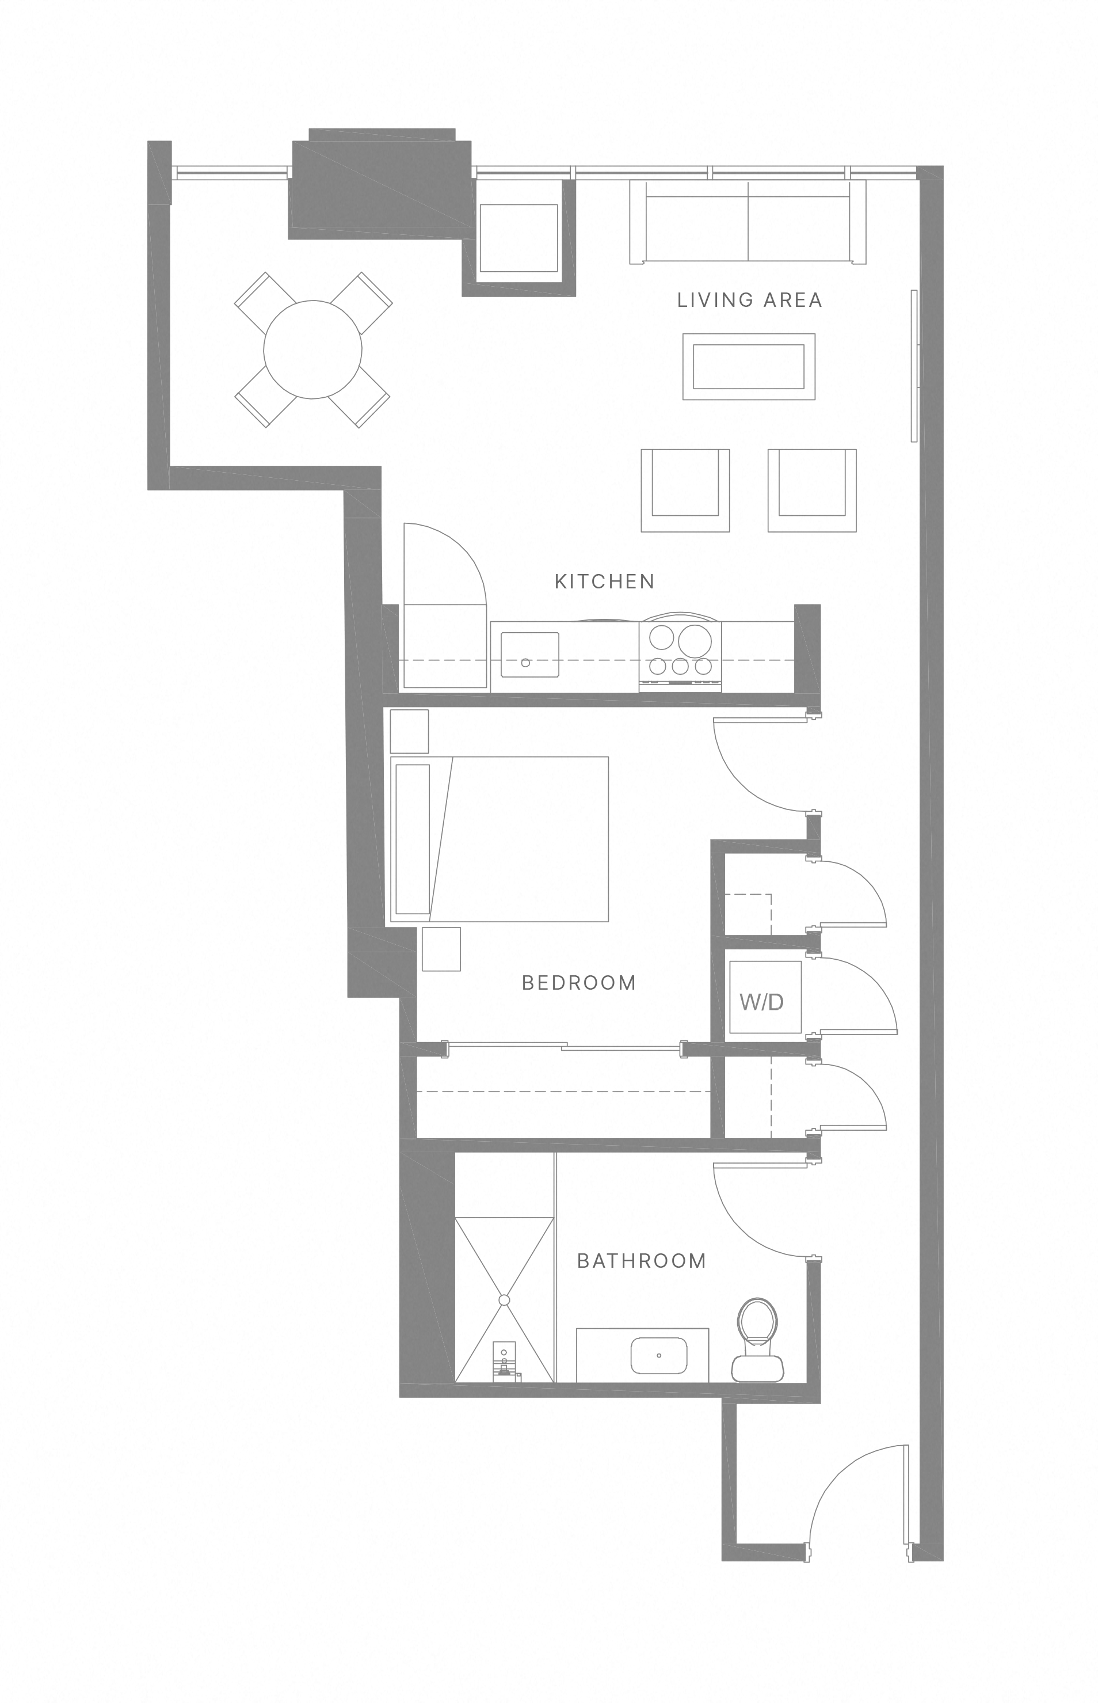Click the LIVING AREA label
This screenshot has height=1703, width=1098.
pyautogui.click(x=749, y=300)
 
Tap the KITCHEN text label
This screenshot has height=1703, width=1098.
pyautogui.click(x=605, y=582)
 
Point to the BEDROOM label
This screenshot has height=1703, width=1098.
pyautogui.click(x=579, y=983)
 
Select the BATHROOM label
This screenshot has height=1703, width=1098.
pyautogui.click(x=642, y=1261)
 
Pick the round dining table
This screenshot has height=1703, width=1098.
pyautogui.click(x=312, y=349)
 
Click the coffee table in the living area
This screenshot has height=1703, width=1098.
pyautogui.click(x=749, y=367)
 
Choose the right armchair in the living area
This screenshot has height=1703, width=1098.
pyautogui.click(x=811, y=490)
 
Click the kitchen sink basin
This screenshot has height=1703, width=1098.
pyautogui.click(x=530, y=654)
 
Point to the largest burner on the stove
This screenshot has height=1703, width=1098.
pyautogui.click(x=695, y=640)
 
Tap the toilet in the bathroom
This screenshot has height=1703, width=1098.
pyautogui.click(x=757, y=1341)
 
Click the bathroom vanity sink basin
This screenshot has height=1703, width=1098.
pyautogui.click(x=659, y=1355)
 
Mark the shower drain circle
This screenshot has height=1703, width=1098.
pyautogui.click(x=504, y=1300)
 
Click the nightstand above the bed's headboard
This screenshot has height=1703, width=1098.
pyautogui.click(x=409, y=731)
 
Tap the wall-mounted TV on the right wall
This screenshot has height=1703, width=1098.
pyautogui.click(x=914, y=365)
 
